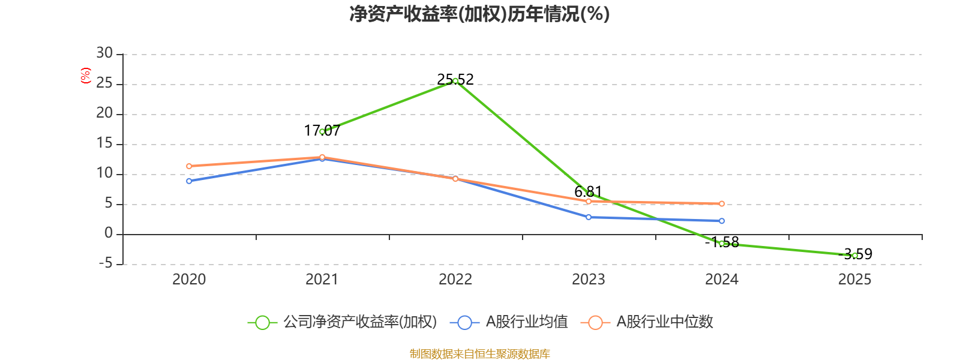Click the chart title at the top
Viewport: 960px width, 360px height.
[479, 14]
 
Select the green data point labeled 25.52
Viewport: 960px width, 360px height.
[455, 81]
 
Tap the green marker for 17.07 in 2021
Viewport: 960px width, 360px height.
[322, 131]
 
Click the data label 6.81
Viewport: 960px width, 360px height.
[588, 191]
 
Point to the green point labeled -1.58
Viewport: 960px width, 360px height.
[722, 244]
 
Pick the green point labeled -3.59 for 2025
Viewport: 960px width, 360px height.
[854, 256]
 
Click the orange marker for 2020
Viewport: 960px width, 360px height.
[189, 166]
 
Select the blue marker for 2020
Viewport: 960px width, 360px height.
[189, 181]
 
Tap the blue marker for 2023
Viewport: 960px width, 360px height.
[589, 217]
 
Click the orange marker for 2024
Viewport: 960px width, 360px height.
[722, 203]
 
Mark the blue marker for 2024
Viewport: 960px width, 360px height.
[722, 221]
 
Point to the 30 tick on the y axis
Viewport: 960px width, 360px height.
[104, 53]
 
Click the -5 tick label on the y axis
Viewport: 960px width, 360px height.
[106, 263]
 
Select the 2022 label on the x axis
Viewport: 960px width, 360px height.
[455, 280]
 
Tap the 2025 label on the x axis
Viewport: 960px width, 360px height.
[854, 280]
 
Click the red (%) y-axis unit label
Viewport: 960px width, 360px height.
[86, 76]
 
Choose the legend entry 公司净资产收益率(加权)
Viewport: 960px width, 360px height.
[343, 322]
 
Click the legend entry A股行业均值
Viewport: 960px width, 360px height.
[509, 322]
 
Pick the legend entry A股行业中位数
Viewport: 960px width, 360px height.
[647, 322]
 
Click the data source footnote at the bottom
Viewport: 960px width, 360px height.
[479, 353]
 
